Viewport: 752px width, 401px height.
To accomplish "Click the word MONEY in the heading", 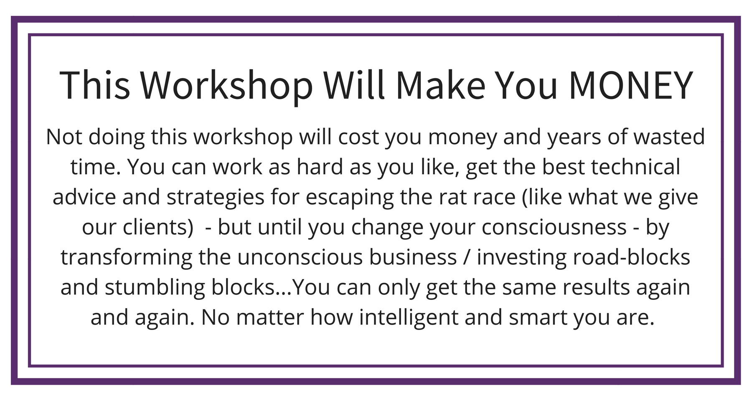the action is [631, 85].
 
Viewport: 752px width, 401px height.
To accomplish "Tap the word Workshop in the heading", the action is [227, 86].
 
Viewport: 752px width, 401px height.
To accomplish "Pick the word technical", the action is [636, 167].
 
